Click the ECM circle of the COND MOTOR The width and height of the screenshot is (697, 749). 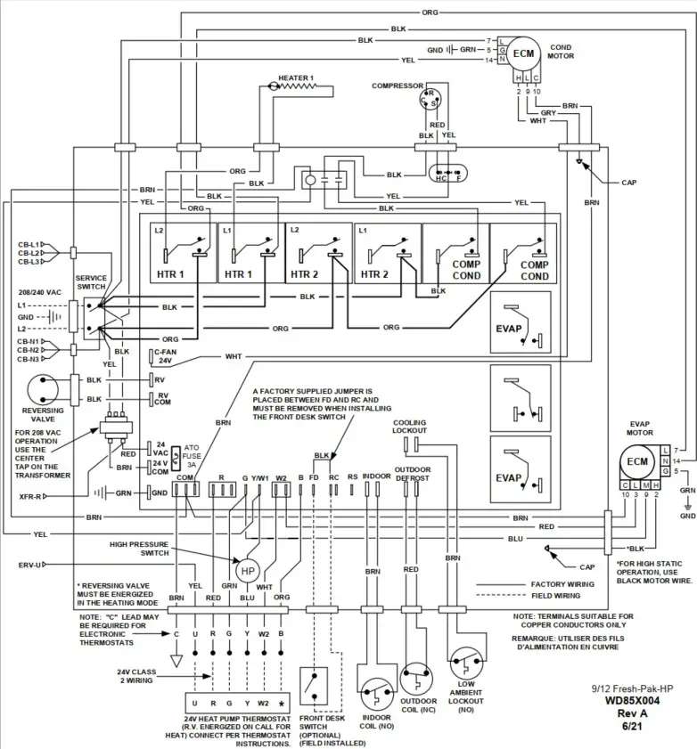coord(526,53)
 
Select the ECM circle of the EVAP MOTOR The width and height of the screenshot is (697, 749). coord(637,461)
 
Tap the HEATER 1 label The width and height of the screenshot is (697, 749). coord(296,78)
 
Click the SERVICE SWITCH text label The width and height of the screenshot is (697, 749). coord(91,282)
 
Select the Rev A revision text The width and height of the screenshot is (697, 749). coord(631,713)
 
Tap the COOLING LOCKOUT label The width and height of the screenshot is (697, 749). coord(410,427)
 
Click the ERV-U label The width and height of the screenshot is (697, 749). coord(29,565)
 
